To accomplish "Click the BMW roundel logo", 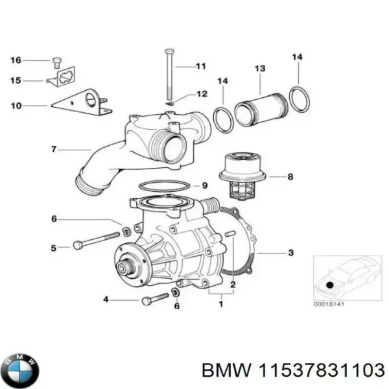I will pyautogui.click(x=20, y=370).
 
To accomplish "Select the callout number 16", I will pyautogui.click(x=16, y=60).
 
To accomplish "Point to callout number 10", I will pyautogui.click(x=16, y=104).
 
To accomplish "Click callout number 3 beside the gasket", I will pyautogui.click(x=291, y=252).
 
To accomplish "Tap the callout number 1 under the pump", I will pyautogui.click(x=222, y=300).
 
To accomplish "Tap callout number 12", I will pyautogui.click(x=202, y=94).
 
